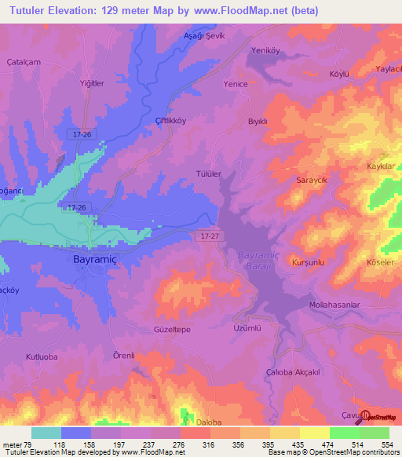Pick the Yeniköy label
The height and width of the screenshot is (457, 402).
click(x=265, y=51)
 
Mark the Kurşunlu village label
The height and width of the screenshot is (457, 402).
click(x=308, y=261)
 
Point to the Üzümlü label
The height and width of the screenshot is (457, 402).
click(x=248, y=329)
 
